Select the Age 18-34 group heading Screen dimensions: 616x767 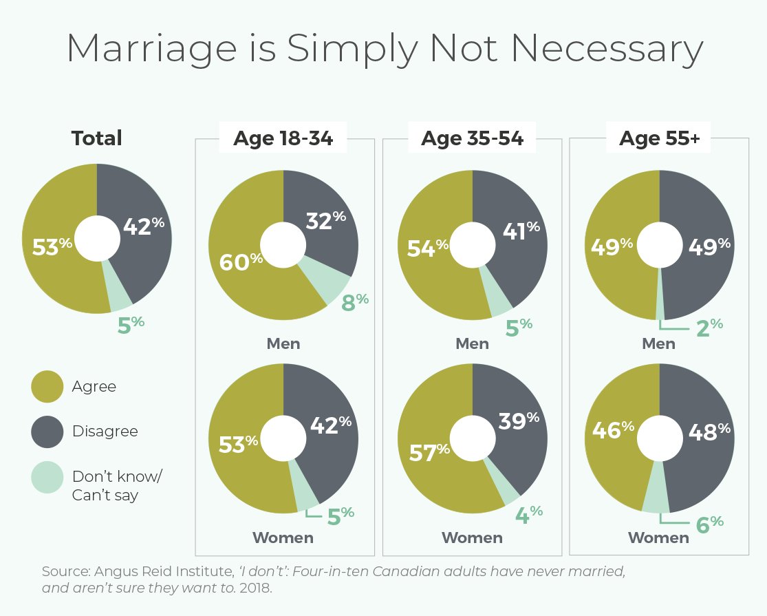coord(283,138)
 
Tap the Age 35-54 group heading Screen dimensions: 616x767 coord(473,138)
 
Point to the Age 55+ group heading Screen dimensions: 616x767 coord(659,138)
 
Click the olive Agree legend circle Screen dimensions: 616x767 coord(47,387)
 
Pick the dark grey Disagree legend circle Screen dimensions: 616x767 coord(47,432)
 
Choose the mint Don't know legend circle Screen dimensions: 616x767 coord(47,477)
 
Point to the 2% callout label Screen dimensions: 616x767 coord(709,328)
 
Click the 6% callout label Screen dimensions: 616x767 coord(709,524)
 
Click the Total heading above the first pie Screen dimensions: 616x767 coord(97,138)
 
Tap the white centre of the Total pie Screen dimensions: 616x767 coord(97,239)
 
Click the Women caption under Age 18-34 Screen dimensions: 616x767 coord(283,538)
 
